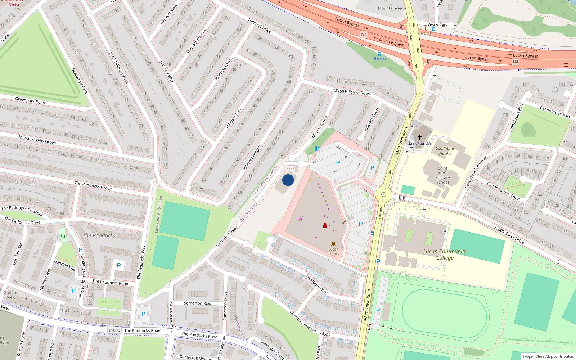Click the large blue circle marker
(288, 180)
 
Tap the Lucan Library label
(333, 251)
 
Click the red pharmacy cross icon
(325, 226)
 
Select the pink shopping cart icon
(300, 219)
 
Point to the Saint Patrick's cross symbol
(419, 138)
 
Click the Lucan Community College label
(445, 255)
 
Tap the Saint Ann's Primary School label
(442, 175)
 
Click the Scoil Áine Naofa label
(445, 151)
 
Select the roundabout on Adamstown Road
(383, 195)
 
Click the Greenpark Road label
(30, 100)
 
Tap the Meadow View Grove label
(37, 140)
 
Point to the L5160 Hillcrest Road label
(352, 92)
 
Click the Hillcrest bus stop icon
(379, 54)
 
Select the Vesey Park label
(437, 25)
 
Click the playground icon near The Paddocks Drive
(63, 236)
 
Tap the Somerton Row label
(198, 303)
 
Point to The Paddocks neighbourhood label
(99, 235)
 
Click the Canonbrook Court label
(503, 191)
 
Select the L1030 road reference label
(114, 330)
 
